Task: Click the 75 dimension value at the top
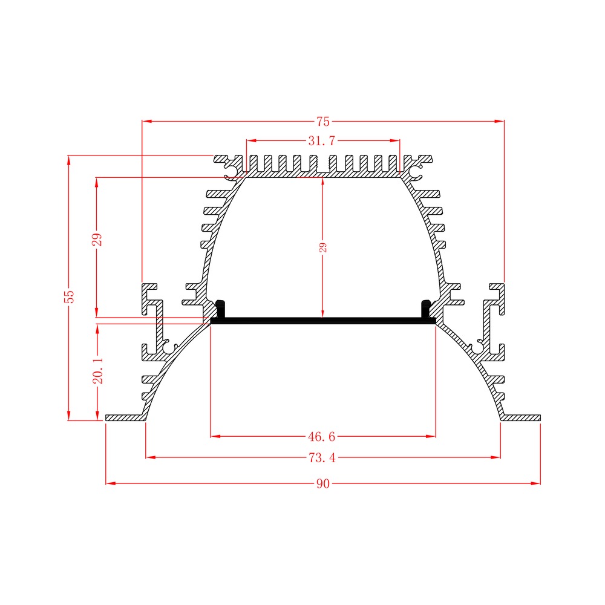pos(323,122)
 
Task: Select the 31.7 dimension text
pos(322,141)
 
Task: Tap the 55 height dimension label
pos(70,296)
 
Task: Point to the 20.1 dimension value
pos(98,370)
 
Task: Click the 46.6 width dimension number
pos(322,436)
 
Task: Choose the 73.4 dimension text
pos(322,457)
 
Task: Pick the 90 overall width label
pos(323,483)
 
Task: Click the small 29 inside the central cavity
pos(323,247)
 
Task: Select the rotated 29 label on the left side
pos(97,239)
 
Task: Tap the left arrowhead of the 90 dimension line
pos(111,483)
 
